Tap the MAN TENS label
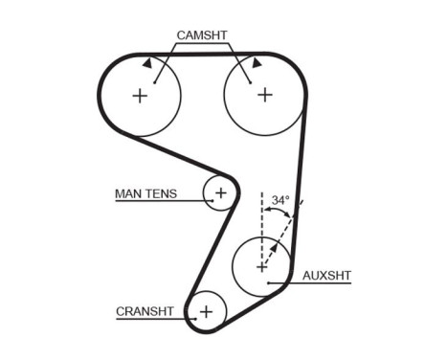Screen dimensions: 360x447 145,193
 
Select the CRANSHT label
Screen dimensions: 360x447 145,311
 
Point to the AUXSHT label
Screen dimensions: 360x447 326,276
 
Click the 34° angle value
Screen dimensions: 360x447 279,201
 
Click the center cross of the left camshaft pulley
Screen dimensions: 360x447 140,95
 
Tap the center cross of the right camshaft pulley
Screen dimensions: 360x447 264,95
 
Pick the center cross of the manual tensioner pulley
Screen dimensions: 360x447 221,192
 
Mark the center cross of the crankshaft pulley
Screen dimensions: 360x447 206,310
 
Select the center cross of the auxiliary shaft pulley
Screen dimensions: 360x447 262,267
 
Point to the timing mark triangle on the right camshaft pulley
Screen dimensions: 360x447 257,61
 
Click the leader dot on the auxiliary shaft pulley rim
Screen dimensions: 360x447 269,282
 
